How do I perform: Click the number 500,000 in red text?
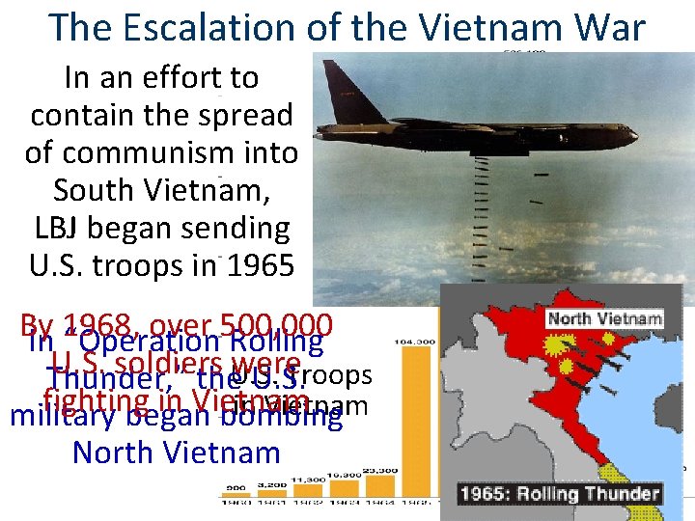point(276,326)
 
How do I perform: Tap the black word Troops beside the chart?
point(340,374)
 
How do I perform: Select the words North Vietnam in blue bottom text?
point(176,452)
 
